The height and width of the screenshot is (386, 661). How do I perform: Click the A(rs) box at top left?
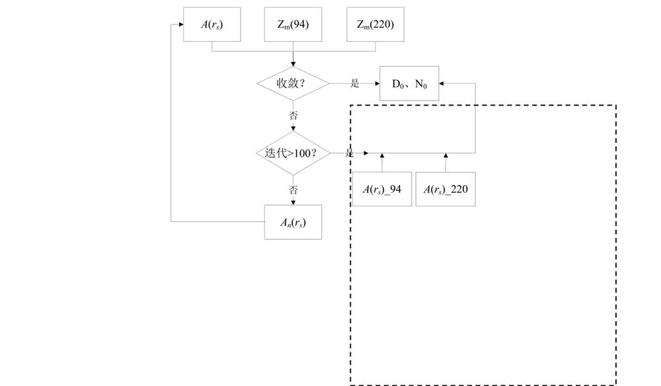212,25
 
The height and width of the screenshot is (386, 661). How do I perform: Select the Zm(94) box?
293,25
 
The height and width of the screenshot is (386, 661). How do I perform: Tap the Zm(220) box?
375,25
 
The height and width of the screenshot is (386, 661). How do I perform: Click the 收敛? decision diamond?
293,83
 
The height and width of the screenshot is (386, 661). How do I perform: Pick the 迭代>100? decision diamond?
293,153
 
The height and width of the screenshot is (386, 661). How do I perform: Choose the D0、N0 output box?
409,84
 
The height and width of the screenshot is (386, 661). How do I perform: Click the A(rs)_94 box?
381,190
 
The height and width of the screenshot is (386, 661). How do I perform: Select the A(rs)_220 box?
446,190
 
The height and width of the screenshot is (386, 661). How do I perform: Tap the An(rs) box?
293,223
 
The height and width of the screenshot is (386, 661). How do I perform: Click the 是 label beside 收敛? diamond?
355,83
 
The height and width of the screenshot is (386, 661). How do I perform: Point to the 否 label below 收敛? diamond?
293,115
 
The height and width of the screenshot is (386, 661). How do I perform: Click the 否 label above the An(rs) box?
293,190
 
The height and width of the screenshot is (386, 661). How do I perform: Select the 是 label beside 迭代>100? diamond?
350,153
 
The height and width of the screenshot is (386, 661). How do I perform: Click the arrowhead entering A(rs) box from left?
180,25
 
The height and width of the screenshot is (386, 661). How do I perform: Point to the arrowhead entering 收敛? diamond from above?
293,64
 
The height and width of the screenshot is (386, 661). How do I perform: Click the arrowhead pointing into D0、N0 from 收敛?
376,84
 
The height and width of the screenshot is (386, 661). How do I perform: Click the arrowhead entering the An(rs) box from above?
293,202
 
